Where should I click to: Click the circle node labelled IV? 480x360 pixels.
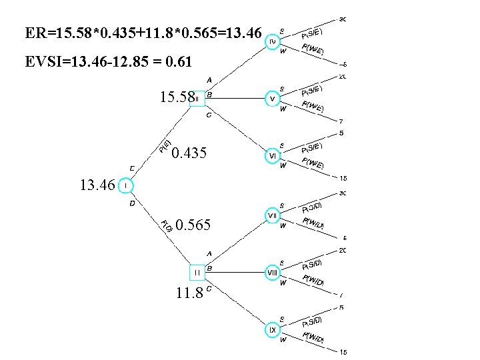pos(273,42)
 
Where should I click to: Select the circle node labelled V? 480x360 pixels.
pos(273,99)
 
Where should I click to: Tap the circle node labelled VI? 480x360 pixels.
pos(273,155)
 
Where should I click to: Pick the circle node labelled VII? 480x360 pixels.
pos(273,216)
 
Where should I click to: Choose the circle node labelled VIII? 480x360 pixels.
pos(273,273)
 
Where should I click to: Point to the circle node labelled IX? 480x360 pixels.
pos(273,330)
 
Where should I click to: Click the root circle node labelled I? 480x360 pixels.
pos(127,185)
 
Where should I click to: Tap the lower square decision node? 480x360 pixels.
pos(198,273)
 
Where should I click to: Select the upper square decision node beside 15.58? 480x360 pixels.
pos(197,99)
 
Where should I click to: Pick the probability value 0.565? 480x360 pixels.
pos(194,225)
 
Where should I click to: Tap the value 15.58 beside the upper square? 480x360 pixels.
pos(176,99)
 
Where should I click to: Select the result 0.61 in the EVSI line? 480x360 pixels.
pos(180,63)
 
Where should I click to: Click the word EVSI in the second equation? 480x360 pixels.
pos(42,63)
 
